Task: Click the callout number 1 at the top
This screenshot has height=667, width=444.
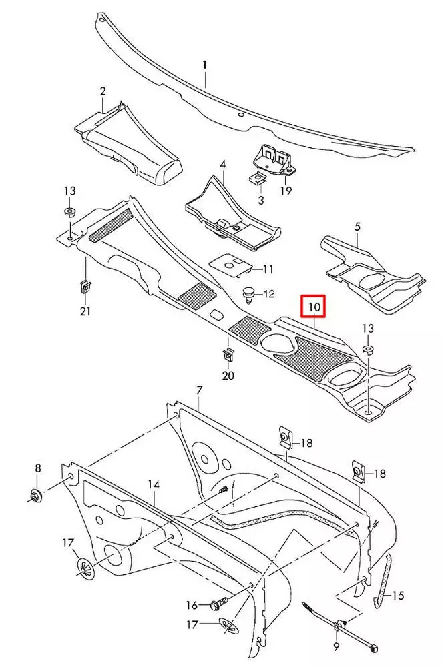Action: click(205, 65)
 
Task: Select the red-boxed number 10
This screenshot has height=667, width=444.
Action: click(314, 307)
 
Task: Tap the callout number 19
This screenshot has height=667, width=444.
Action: click(286, 191)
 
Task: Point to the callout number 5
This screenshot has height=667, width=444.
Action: click(357, 227)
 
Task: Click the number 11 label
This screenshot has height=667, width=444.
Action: click(249, 269)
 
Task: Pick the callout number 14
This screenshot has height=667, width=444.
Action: click(154, 485)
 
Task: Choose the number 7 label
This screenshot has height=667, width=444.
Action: click(199, 390)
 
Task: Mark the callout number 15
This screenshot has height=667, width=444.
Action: click(399, 594)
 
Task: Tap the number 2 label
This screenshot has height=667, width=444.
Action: click(103, 90)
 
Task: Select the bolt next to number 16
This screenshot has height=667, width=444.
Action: click(218, 605)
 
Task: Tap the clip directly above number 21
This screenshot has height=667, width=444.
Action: click(85, 287)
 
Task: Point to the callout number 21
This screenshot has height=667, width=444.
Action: click(85, 311)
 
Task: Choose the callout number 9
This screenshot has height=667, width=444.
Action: click(336, 646)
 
